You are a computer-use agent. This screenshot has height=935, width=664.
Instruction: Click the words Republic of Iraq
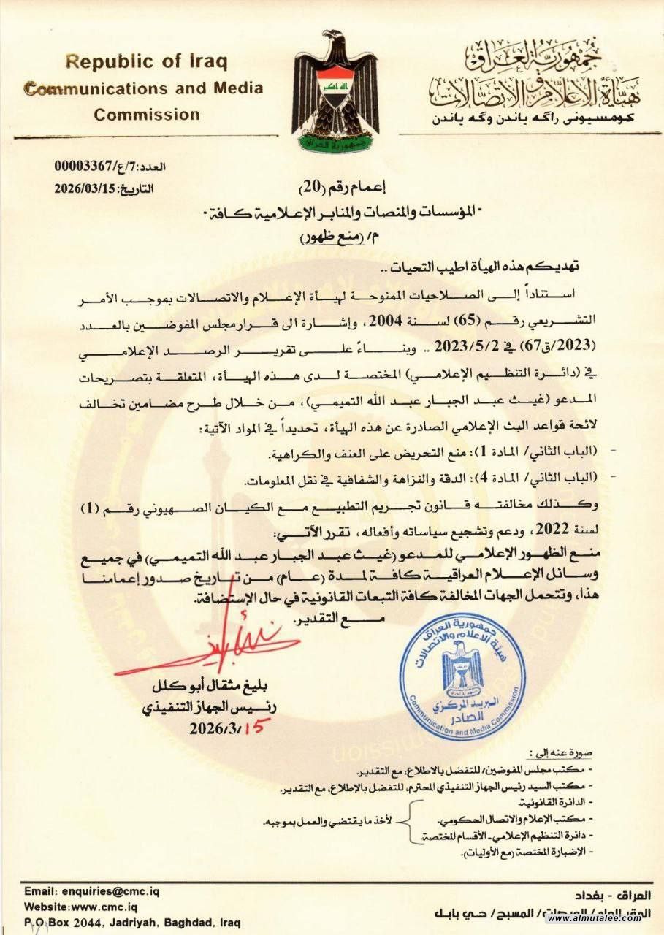(146, 61)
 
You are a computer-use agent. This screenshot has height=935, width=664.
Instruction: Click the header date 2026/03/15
(86, 188)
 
